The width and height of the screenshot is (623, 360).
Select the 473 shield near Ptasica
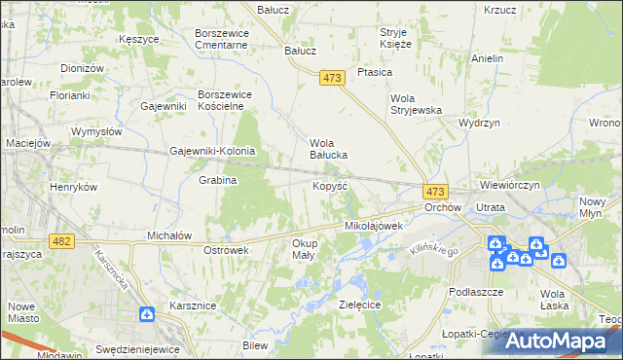coord(332,79)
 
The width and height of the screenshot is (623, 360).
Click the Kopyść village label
coord(330,184)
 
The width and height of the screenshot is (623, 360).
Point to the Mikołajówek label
coord(374,225)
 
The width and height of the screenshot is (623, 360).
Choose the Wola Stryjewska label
coord(416,104)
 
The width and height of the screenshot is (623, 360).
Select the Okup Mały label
coord(303,249)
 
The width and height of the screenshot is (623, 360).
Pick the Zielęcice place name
coord(359,304)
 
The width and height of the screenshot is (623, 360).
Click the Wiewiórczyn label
coord(510,184)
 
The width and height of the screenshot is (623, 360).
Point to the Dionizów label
coord(82,68)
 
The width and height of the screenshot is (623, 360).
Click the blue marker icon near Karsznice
coord(146,314)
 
